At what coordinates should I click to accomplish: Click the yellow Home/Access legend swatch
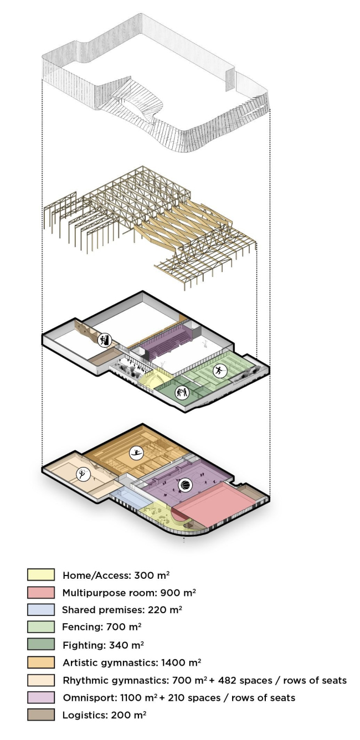tap(41, 574)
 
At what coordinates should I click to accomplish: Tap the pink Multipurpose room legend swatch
tap(41, 592)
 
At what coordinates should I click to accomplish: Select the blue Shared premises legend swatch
tap(41, 609)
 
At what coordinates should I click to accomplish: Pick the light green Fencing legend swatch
tap(41, 626)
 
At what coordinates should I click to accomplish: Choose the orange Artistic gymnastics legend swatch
tap(41, 662)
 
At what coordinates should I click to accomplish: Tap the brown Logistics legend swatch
tap(41, 715)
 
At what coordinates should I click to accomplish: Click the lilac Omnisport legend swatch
tap(41, 697)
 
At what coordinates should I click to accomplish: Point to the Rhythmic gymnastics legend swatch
tap(41, 680)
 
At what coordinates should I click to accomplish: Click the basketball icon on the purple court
tap(186, 485)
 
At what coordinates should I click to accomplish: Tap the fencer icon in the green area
tap(220, 371)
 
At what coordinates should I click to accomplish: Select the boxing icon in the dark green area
tap(182, 393)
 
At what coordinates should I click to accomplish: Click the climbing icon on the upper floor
tap(105, 340)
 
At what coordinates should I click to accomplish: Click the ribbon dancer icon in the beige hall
tap(83, 474)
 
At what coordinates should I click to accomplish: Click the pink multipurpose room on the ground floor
tap(215, 504)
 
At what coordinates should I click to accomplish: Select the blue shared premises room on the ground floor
tap(130, 499)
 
